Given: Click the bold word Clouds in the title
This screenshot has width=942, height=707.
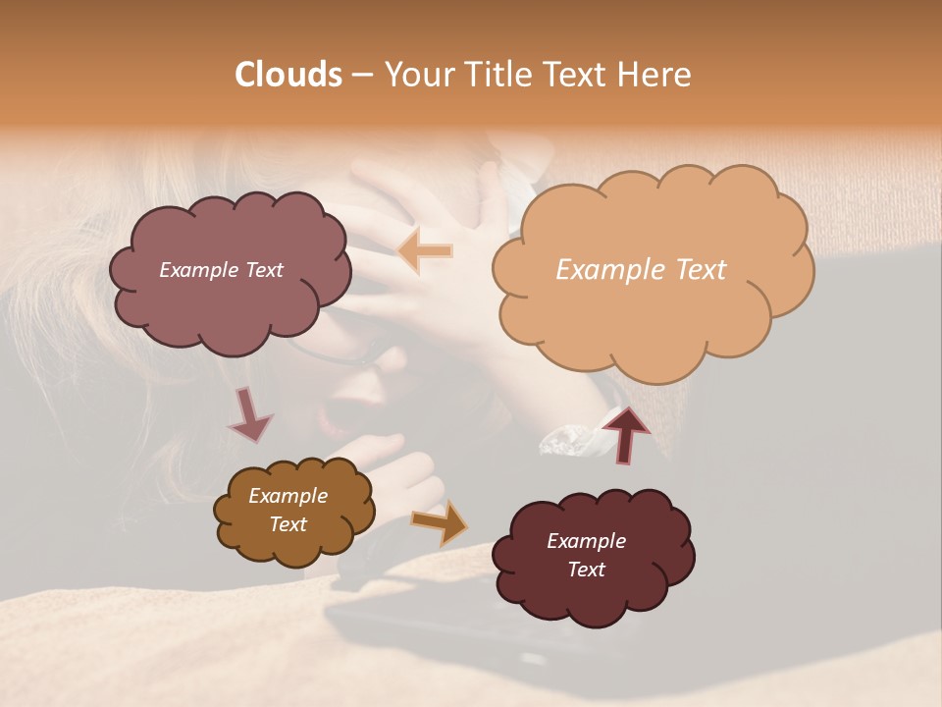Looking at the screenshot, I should click(x=288, y=75).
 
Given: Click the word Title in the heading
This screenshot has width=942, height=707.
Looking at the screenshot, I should click(x=499, y=75).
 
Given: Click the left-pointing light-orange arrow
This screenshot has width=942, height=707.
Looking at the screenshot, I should click(x=426, y=251).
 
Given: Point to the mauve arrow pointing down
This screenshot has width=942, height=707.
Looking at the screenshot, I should click(x=250, y=414).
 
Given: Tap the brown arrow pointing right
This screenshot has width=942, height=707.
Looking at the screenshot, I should click(x=441, y=521).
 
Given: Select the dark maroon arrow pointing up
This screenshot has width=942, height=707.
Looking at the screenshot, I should click(x=626, y=435).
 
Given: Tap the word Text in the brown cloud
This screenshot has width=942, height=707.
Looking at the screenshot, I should click(x=288, y=524).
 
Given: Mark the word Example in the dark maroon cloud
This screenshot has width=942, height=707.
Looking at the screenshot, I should click(x=586, y=541).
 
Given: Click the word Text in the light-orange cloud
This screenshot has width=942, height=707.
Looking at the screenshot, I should click(x=697, y=270).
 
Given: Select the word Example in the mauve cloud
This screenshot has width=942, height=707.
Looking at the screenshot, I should click(x=198, y=270).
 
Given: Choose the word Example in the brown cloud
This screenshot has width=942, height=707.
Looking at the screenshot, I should click(x=288, y=496).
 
